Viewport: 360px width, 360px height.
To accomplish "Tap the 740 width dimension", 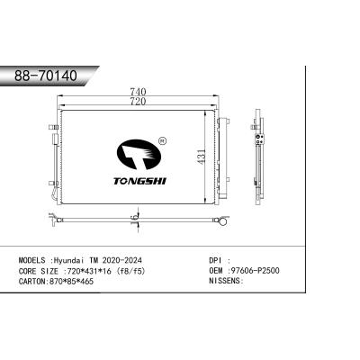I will pos(138,91).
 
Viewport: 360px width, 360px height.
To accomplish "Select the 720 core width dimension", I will pos(138,103).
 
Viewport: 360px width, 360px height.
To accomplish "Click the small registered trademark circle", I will pos(161,140).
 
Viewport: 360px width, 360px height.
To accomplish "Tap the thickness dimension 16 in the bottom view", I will pos(134,218).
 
